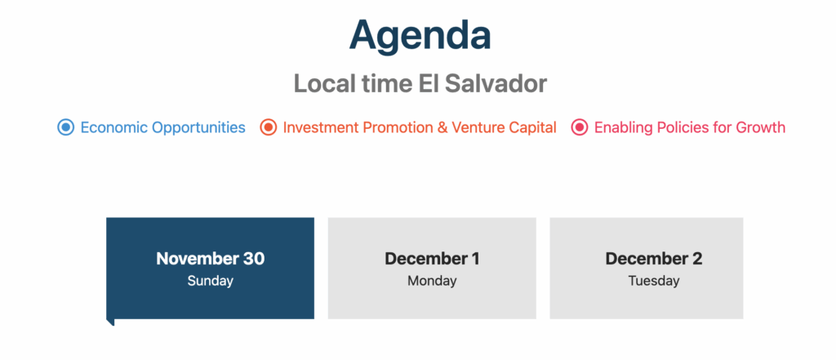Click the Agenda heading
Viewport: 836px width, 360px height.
click(x=420, y=36)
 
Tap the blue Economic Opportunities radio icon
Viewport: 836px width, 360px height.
click(x=65, y=127)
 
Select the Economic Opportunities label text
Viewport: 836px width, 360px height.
click(x=162, y=128)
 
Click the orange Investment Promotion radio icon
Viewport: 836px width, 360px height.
click(x=268, y=127)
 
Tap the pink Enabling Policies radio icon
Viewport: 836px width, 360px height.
click(x=580, y=127)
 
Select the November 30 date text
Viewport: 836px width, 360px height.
click(x=211, y=259)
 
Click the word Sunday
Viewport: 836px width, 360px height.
click(x=211, y=281)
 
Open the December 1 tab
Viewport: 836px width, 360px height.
click(x=432, y=269)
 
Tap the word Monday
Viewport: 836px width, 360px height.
click(x=432, y=281)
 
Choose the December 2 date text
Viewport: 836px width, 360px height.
click(x=654, y=259)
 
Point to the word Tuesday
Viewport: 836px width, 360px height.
click(x=654, y=281)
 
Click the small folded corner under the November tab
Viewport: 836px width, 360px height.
click(x=110, y=322)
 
